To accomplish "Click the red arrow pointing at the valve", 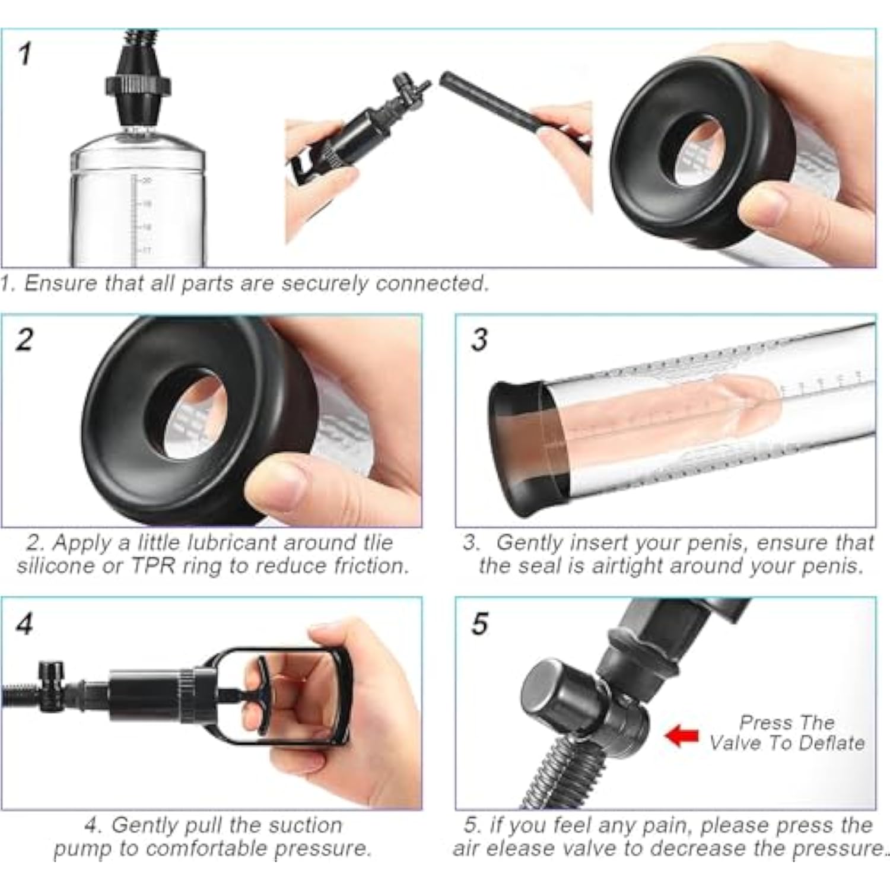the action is pyautogui.click(x=682, y=736).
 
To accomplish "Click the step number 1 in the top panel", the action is pyautogui.click(x=24, y=55).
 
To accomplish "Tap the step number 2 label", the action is pyautogui.click(x=25, y=340).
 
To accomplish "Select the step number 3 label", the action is pyautogui.click(x=479, y=340).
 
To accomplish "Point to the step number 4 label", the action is pyautogui.click(x=25, y=624).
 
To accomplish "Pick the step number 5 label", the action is pyautogui.click(x=479, y=624).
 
